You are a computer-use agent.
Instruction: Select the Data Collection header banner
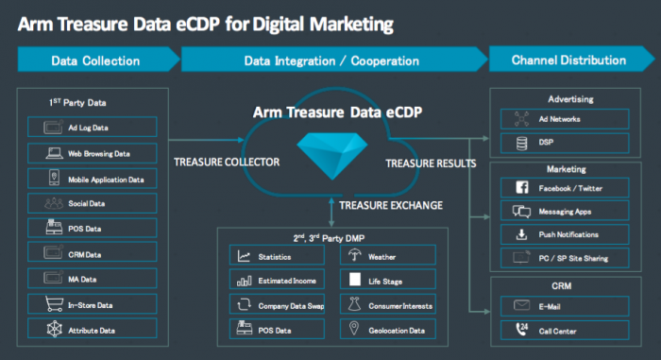point(98,60)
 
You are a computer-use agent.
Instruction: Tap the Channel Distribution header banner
point(571,60)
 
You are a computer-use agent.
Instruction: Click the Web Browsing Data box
point(93,153)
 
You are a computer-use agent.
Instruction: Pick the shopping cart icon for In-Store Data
point(55,304)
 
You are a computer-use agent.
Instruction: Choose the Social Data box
point(93,203)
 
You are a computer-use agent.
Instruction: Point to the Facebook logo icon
point(522,187)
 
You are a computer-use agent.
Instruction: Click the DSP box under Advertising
point(565,143)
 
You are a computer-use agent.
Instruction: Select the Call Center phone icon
point(522,329)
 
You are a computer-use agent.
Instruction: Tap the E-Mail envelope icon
point(522,305)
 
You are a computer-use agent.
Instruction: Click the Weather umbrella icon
point(354,255)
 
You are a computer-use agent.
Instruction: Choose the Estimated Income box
point(277,280)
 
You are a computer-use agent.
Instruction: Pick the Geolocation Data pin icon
point(354,329)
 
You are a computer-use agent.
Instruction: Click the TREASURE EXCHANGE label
point(391,206)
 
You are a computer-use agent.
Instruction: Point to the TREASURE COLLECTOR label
point(227,163)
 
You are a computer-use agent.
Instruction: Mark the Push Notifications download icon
point(522,234)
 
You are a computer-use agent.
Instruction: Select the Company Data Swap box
point(277,304)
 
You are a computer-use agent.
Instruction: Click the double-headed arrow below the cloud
point(331,213)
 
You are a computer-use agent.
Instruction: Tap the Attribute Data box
point(93,329)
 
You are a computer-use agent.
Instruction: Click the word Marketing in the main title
point(351,25)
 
